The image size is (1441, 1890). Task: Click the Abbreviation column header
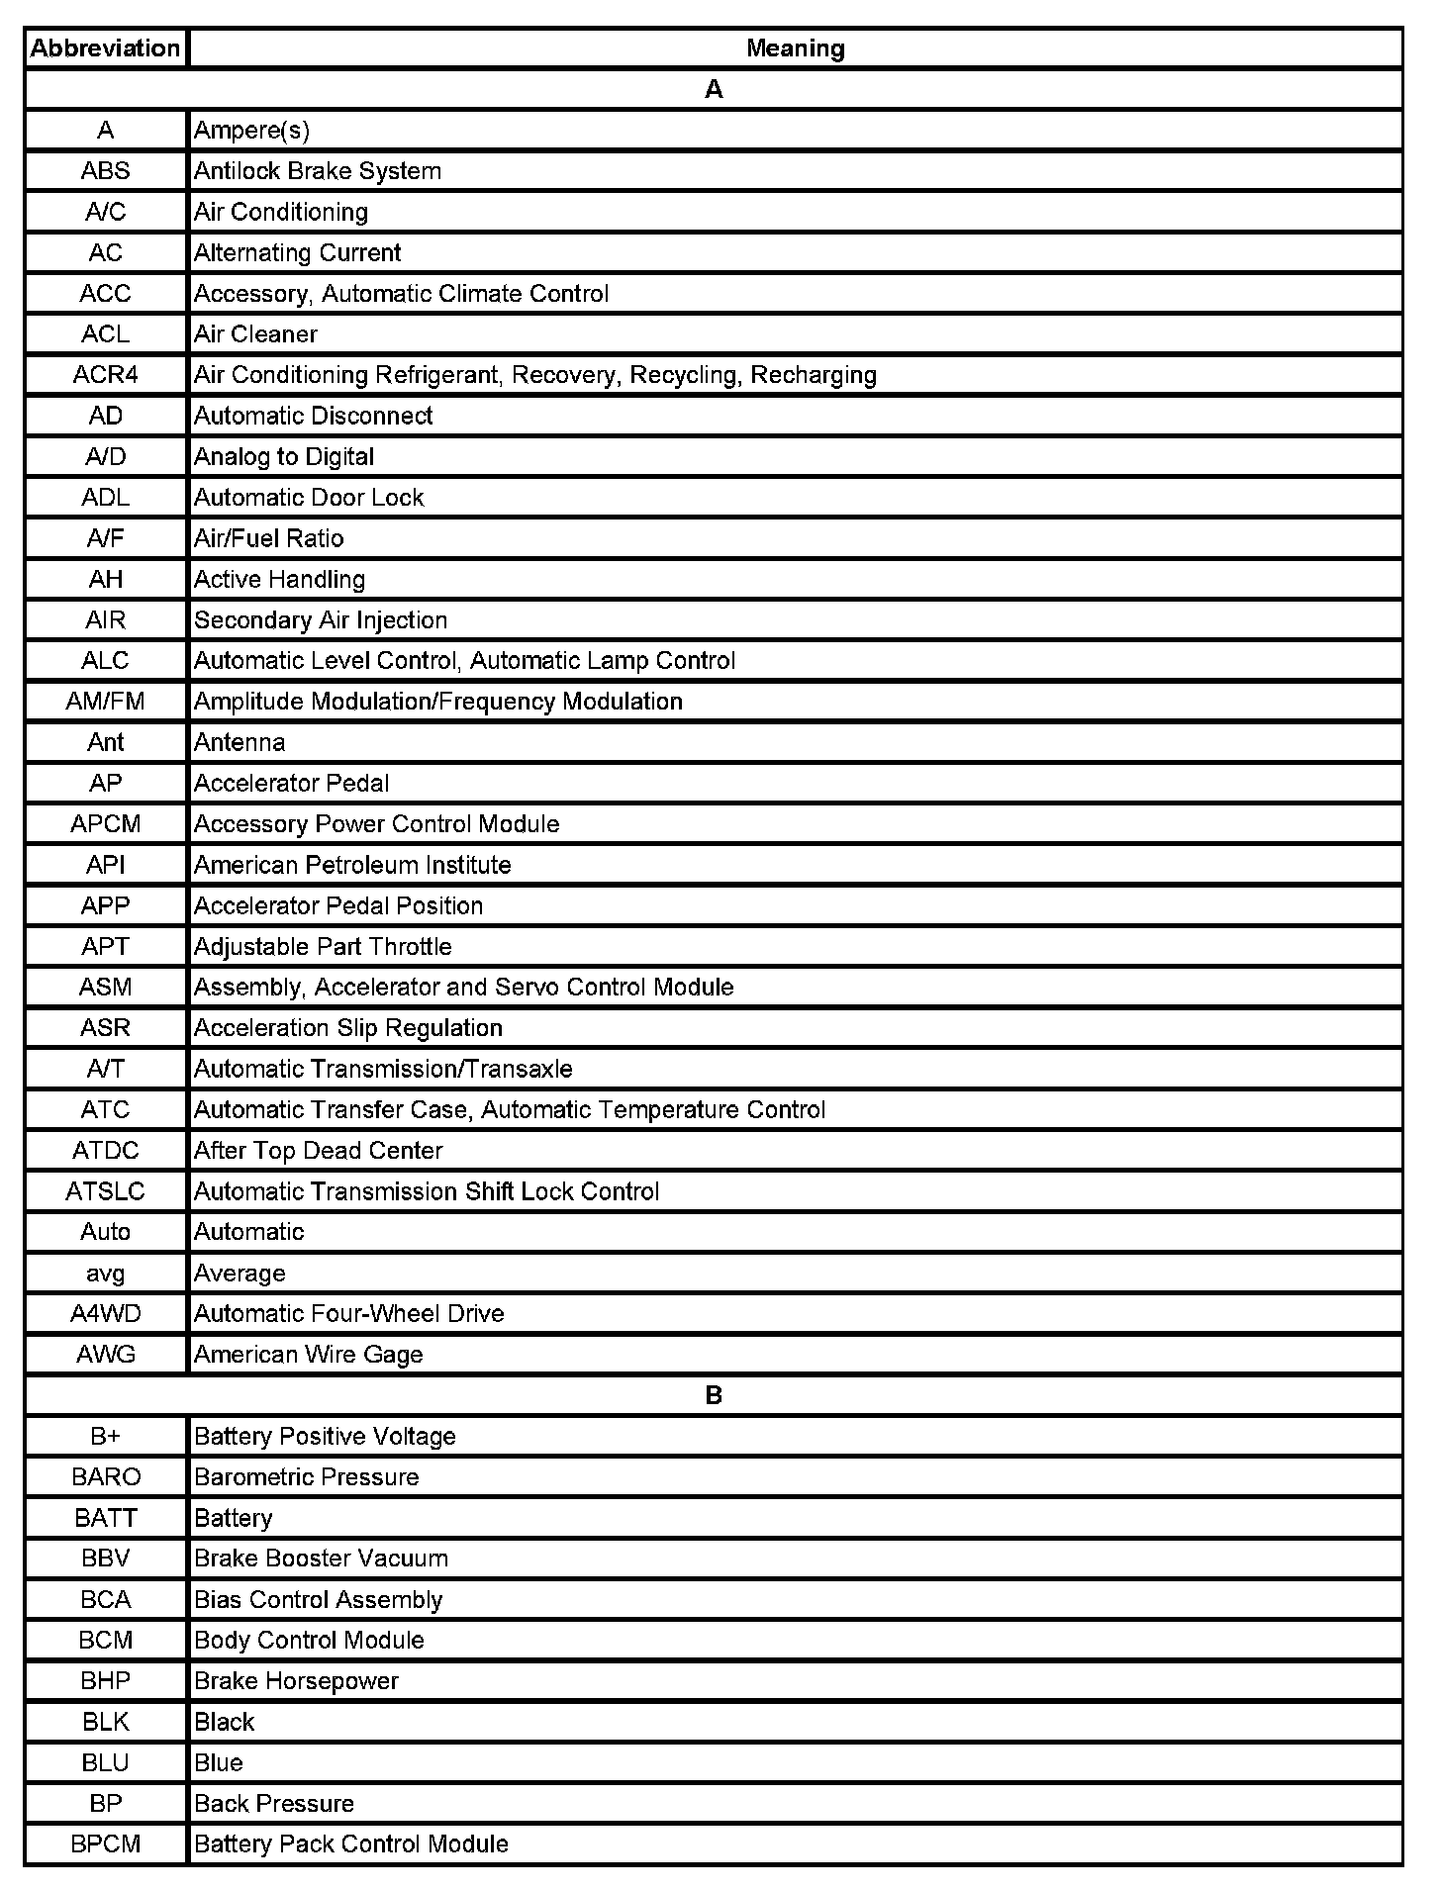coord(105,48)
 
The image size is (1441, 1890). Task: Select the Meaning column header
coord(795,48)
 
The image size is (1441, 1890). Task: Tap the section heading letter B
coord(714,1395)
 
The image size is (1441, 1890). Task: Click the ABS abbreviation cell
coord(105,171)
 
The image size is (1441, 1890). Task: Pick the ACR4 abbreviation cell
coord(105,375)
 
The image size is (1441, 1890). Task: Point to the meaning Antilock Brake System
coord(318,171)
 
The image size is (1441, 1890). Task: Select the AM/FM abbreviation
coord(105,702)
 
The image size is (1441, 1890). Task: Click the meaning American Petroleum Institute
coord(352,865)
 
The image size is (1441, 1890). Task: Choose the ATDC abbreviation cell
coord(105,1151)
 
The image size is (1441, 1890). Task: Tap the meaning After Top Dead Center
coord(318,1151)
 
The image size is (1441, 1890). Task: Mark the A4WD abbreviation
coord(105,1314)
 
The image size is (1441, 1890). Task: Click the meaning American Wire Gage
coord(308,1355)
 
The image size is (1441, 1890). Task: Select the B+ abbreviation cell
coord(105,1436)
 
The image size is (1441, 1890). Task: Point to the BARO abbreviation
coord(105,1477)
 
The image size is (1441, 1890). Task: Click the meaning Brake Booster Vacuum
coord(321,1559)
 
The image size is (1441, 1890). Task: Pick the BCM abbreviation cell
coord(105,1641)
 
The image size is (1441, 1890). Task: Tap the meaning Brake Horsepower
coord(296,1681)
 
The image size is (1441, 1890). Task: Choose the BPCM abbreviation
coord(105,1844)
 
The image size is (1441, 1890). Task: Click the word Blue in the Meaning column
coord(219,1762)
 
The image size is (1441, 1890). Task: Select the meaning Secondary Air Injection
coord(321,620)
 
